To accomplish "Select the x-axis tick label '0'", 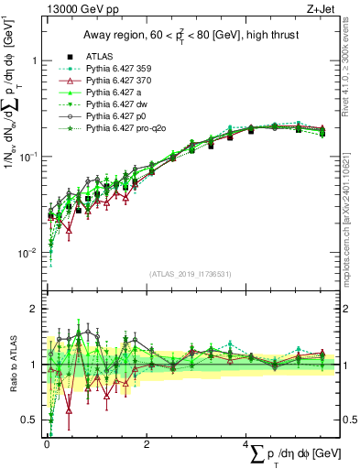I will coord(46,445).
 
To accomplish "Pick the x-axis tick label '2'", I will coord(147,445).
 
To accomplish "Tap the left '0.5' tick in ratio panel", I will coord(29,420).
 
